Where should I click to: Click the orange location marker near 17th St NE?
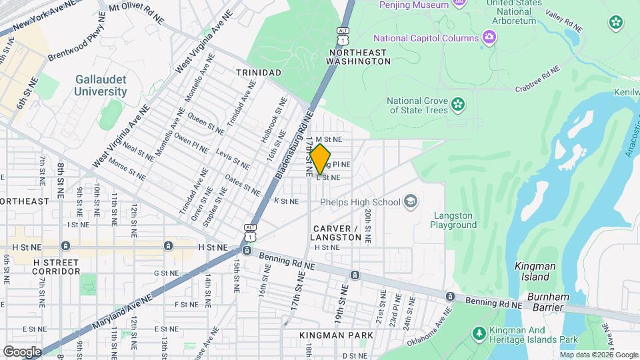321,159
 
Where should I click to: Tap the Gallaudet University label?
100,85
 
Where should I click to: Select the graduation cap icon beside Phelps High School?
410,201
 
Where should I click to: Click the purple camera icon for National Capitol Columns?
489,37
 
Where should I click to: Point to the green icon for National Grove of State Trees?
457,103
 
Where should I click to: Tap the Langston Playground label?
453,220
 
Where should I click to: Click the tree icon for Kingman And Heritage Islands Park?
478,332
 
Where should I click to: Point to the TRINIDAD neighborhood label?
258,71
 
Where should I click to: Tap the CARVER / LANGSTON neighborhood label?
345,233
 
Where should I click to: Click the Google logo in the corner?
22,351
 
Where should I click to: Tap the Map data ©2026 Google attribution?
598,355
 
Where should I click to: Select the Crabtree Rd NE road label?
537,79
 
